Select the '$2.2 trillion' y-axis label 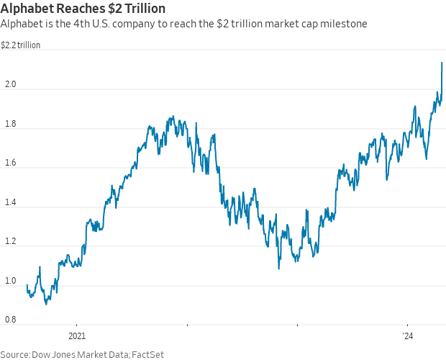[20, 45]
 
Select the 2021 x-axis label [77, 336]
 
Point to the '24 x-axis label [408, 336]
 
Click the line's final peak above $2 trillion [442, 63]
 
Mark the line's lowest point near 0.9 [47, 303]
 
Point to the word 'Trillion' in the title [142, 9]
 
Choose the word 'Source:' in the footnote [15, 354]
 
